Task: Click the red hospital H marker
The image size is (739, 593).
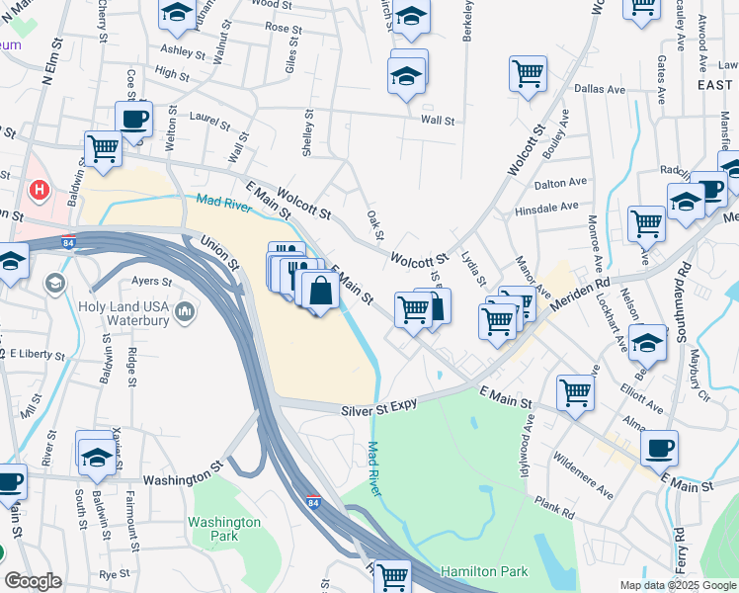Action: pyautogui.click(x=40, y=188)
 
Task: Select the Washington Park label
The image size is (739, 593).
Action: pyautogui.click(x=225, y=529)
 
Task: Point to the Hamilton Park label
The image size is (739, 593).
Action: pyautogui.click(x=484, y=571)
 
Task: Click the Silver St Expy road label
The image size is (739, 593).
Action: pyautogui.click(x=381, y=408)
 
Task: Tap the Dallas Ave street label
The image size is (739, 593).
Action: pyautogui.click(x=601, y=89)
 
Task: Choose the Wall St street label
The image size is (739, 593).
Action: pyautogui.click(x=437, y=121)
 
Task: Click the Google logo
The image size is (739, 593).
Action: pyautogui.click(x=33, y=580)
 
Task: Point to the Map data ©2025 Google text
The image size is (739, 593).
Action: pyautogui.click(x=677, y=585)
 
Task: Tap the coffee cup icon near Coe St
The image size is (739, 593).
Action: pyautogui.click(x=133, y=119)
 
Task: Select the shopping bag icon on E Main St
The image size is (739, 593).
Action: pyautogui.click(x=320, y=292)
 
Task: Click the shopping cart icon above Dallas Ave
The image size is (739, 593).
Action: pyautogui.click(x=528, y=72)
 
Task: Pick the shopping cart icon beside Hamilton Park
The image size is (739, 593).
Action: pyautogui.click(x=393, y=575)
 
